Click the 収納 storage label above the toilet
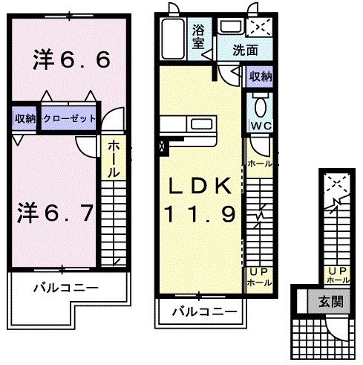click(x=260, y=77)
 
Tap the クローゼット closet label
click(x=68, y=118)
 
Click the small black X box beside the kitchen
click(x=162, y=146)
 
